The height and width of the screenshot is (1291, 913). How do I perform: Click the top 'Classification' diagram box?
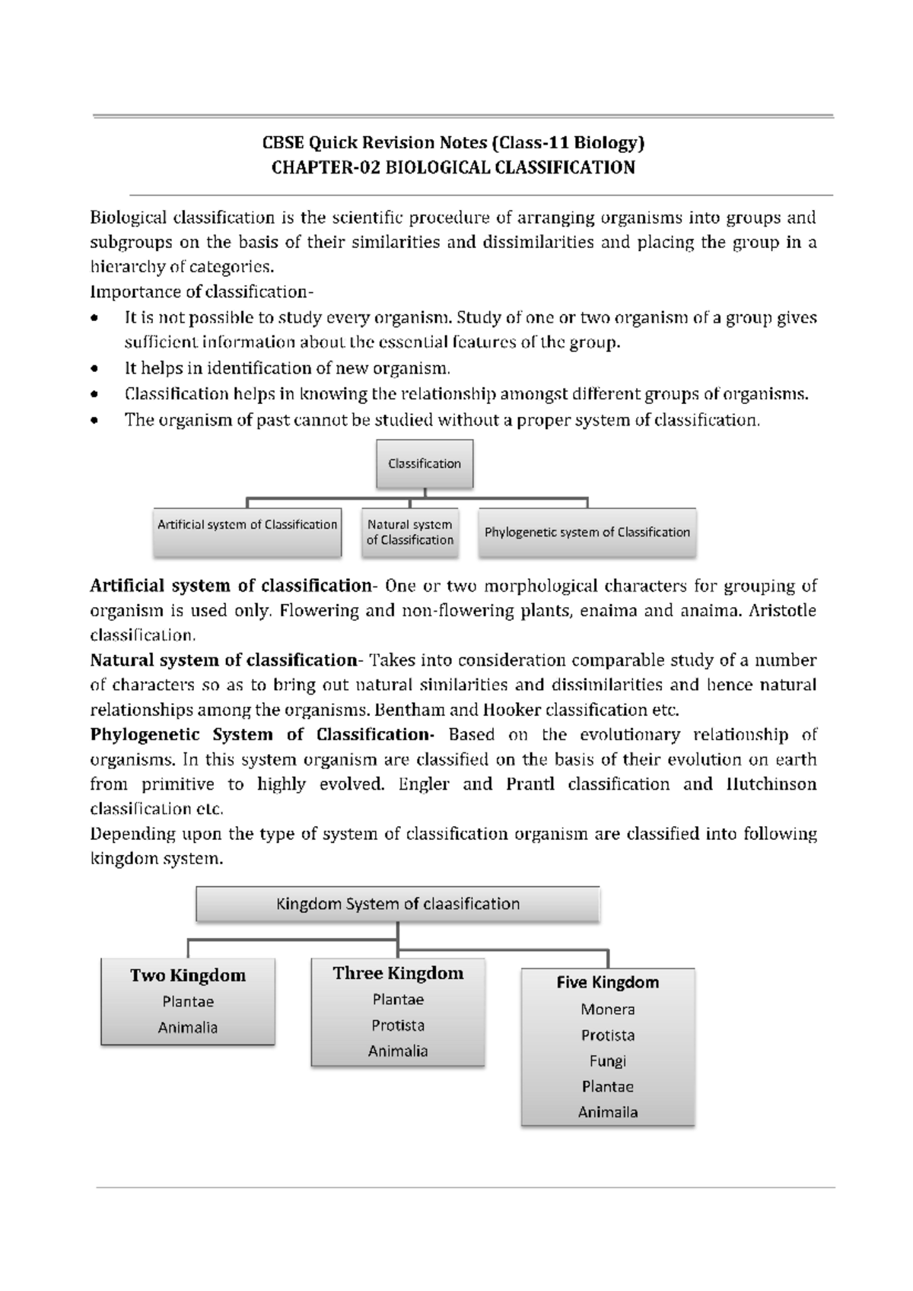pyautogui.click(x=424, y=463)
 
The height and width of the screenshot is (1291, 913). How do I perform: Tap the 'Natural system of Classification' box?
pyautogui.click(x=409, y=532)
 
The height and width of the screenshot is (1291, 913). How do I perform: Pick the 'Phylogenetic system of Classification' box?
pyautogui.click(x=587, y=532)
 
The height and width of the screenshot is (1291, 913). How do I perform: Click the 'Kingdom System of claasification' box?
pyautogui.click(x=397, y=904)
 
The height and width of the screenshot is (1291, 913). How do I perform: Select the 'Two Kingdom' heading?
pyautogui.click(x=187, y=975)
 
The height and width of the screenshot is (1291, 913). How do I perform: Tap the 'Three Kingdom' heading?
pyautogui.click(x=397, y=973)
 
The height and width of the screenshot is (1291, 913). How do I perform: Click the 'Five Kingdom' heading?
pyautogui.click(x=607, y=982)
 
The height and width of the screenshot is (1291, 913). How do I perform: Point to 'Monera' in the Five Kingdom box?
pyautogui.click(x=607, y=1010)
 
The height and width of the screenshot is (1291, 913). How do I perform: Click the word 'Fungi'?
pyautogui.click(x=607, y=1060)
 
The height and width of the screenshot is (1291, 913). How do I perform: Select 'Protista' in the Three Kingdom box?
pyautogui.click(x=397, y=1025)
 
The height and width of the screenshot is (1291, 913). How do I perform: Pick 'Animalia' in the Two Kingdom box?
pyautogui.click(x=187, y=1028)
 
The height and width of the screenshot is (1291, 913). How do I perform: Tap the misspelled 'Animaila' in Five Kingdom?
pyautogui.click(x=607, y=1112)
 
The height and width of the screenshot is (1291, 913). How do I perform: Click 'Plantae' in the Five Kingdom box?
pyautogui.click(x=607, y=1086)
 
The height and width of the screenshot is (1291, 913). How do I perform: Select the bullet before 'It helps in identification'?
pyautogui.click(x=94, y=369)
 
